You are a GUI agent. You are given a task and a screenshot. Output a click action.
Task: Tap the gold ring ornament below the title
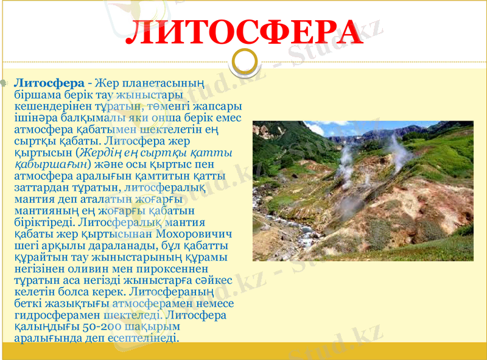(243, 62)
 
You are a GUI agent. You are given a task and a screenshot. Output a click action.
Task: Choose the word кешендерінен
(49, 106)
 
